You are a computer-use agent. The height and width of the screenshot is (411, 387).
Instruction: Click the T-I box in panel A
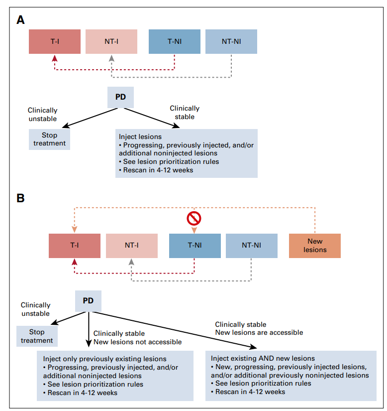[x=55, y=41]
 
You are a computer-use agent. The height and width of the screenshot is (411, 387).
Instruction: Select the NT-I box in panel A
[x=111, y=41]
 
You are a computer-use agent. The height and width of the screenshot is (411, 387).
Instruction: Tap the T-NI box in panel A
[x=175, y=41]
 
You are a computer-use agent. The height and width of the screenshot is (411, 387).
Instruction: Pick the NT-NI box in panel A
[x=231, y=41]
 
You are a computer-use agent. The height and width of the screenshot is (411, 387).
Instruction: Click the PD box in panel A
[x=121, y=97]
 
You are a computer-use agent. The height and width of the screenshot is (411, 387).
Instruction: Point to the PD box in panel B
[x=88, y=301]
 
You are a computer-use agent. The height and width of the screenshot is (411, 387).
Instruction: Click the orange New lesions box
[x=315, y=246]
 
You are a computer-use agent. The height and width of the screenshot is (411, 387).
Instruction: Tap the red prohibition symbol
[x=194, y=218]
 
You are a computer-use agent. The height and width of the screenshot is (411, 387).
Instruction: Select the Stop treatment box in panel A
[x=49, y=139]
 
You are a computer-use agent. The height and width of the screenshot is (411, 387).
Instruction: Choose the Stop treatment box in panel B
[x=37, y=336]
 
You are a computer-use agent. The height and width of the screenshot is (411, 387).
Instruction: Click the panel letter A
[x=20, y=20]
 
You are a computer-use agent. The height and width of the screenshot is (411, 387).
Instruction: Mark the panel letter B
[x=20, y=198]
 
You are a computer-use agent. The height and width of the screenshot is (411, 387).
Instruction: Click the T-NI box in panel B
[x=195, y=246]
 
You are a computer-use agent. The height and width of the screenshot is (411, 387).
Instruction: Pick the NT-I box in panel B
[x=132, y=246]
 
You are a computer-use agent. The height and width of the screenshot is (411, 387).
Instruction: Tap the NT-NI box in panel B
[x=252, y=246]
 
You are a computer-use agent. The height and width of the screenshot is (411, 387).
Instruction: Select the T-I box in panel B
[x=75, y=246]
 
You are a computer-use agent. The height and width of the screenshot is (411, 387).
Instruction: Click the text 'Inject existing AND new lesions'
[x=263, y=358]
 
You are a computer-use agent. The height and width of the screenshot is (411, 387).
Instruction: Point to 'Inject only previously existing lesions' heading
[x=104, y=359]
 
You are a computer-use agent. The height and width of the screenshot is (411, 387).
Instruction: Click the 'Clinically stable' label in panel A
[x=185, y=113]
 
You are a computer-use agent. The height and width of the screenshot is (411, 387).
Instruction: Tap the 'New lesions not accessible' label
[x=138, y=342]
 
